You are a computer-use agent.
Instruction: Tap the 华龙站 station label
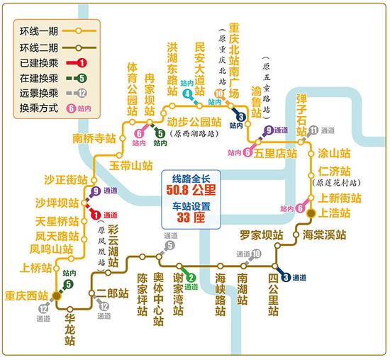(69, 326)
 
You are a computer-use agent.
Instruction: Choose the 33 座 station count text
(192, 218)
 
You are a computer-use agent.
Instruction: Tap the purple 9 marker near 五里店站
(269, 130)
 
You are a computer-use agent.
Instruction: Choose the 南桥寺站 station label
(94, 139)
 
